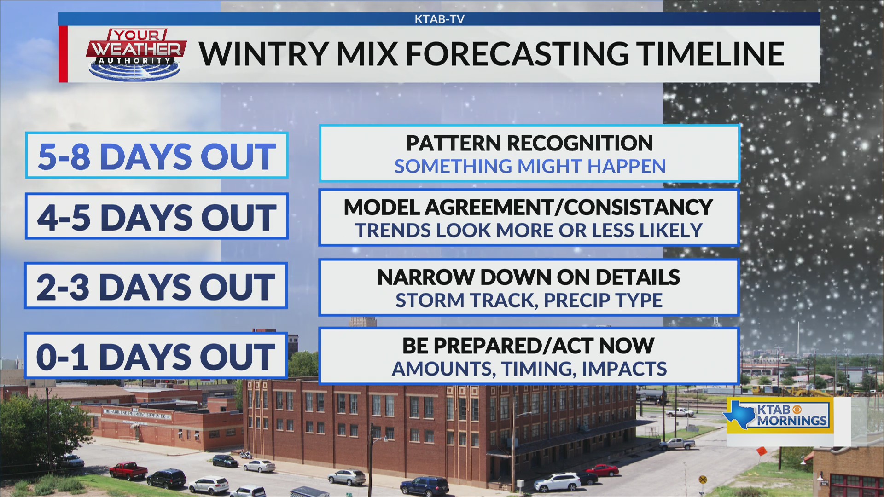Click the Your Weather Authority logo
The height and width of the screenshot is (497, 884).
[x=136, y=54]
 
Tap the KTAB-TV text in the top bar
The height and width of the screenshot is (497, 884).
[x=439, y=19]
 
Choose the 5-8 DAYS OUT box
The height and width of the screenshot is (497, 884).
[x=157, y=156]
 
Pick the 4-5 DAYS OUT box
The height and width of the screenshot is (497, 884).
[x=157, y=216]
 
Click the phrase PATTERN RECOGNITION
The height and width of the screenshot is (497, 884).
[x=529, y=143]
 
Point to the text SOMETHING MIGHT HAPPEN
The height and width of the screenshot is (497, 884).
[x=529, y=166]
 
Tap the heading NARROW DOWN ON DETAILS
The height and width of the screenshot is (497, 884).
[x=529, y=277]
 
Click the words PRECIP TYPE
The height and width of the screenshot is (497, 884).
[x=603, y=301]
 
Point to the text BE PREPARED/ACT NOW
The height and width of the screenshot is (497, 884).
[x=528, y=346]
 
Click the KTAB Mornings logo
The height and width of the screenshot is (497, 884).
[x=779, y=416]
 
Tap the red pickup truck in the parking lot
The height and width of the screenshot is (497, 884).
[x=128, y=470]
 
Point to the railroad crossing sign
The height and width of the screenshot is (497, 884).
[x=703, y=480]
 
